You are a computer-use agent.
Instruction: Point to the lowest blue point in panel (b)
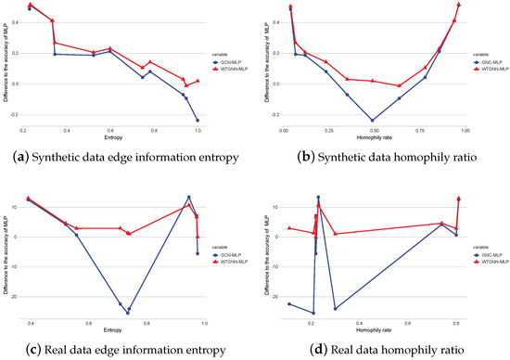(x=373, y=121)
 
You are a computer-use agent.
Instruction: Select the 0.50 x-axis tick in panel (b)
(x=373, y=132)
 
